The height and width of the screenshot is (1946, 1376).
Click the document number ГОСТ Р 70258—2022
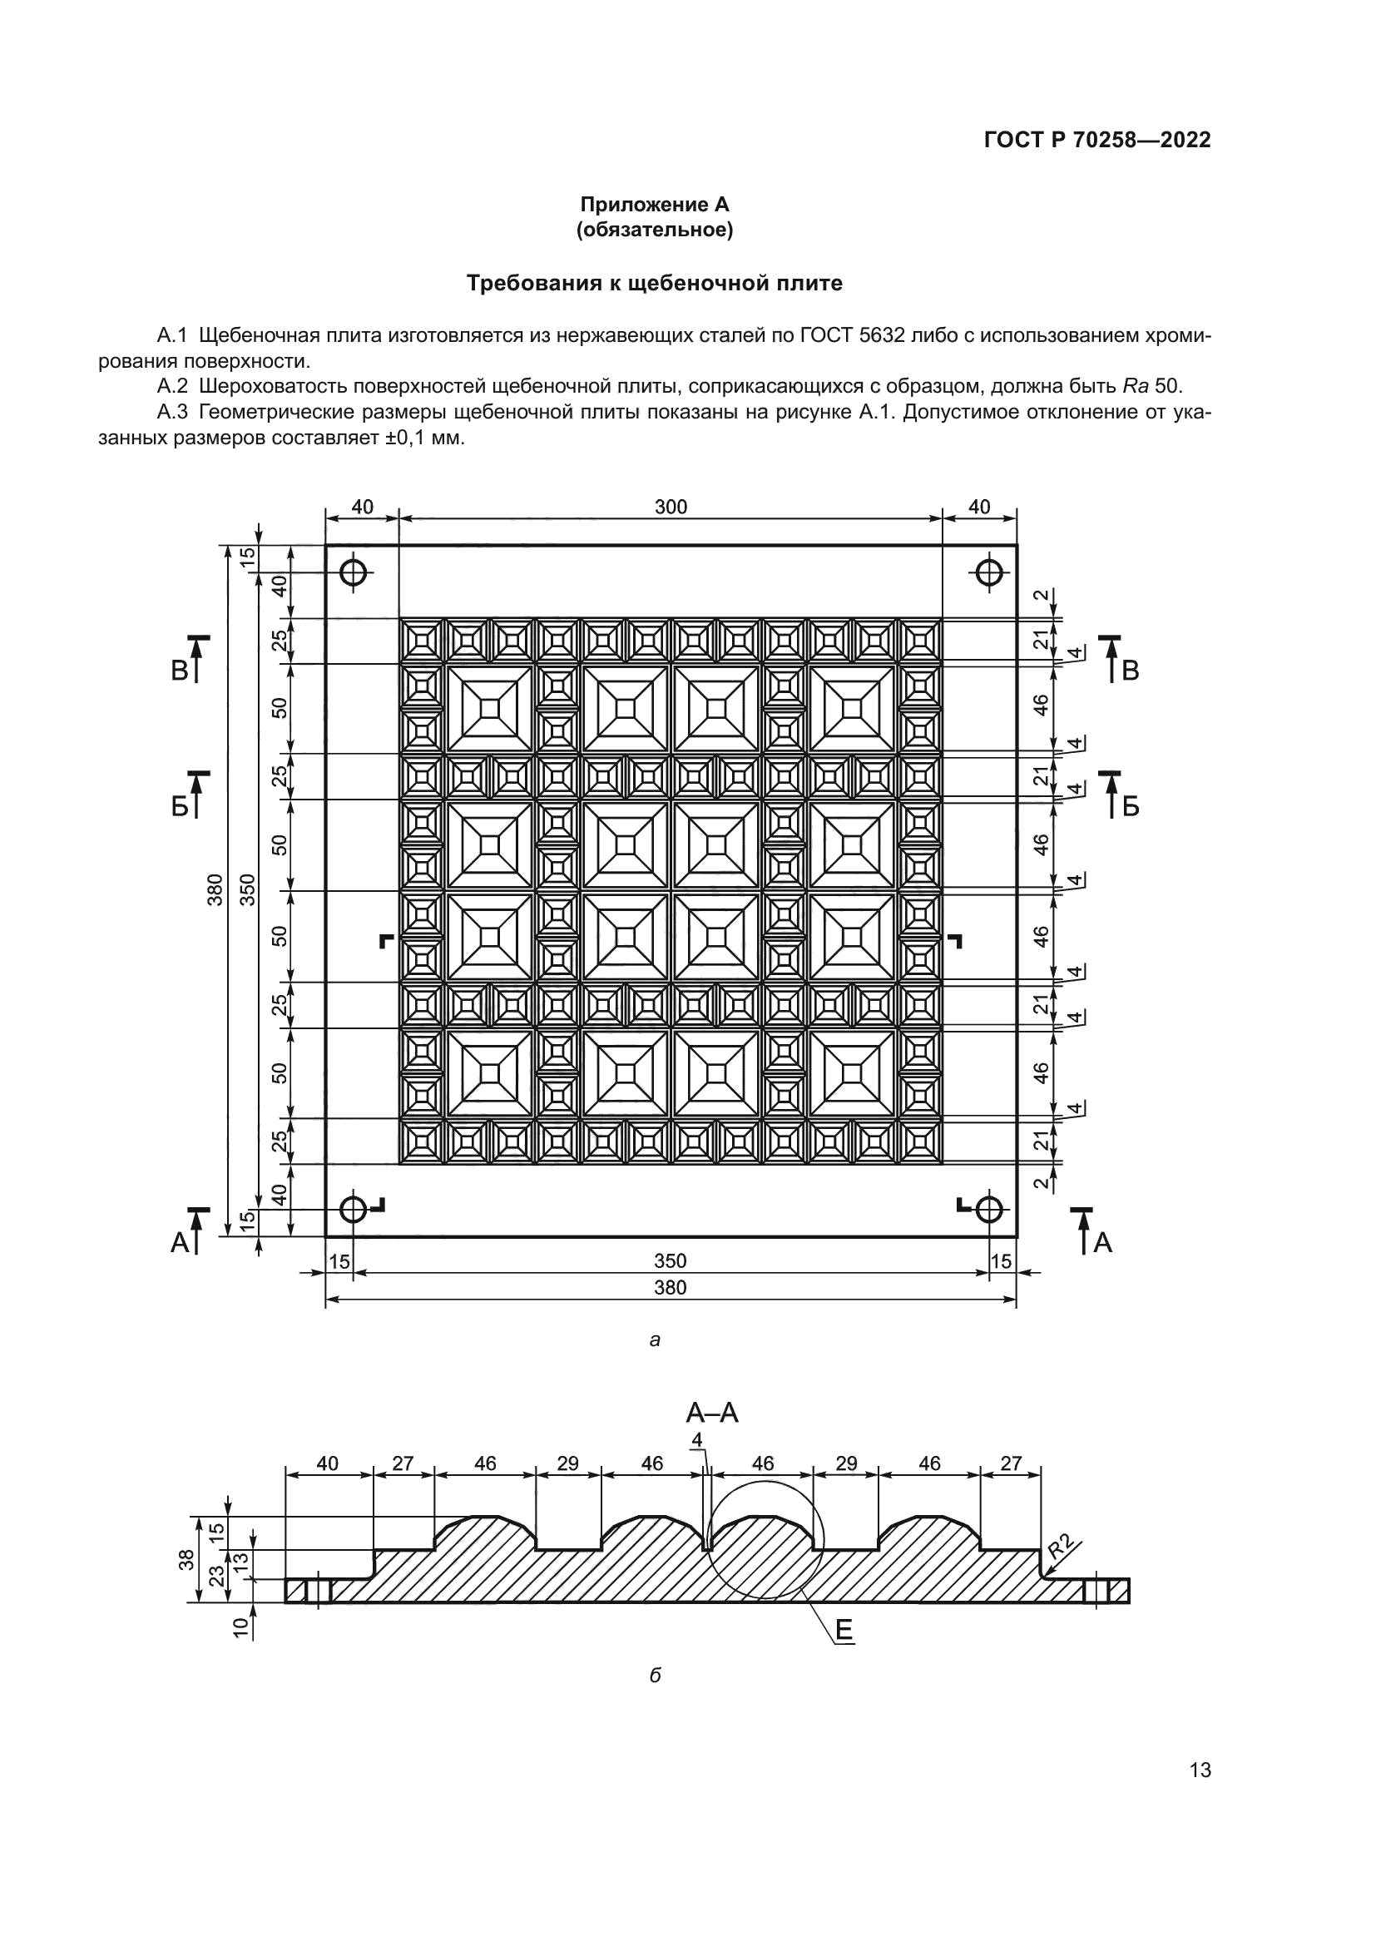(1097, 140)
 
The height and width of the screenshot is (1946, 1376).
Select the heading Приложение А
(654, 205)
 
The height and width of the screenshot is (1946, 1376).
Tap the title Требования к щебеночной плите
(654, 283)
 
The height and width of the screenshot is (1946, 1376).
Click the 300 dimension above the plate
(671, 507)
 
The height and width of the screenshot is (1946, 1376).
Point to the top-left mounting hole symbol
(354, 572)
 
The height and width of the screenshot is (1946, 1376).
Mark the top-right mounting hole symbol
(988, 572)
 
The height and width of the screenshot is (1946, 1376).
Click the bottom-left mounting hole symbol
(354, 1209)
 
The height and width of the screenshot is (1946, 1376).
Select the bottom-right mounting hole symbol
(988, 1209)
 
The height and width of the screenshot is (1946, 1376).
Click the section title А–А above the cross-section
(712, 1413)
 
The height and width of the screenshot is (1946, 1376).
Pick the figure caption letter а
(654, 1340)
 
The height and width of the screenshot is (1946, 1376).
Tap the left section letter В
(180, 671)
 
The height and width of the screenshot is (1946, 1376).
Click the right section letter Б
(1131, 807)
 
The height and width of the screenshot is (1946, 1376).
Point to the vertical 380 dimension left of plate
(215, 890)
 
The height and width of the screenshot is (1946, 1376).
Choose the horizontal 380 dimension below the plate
(671, 1288)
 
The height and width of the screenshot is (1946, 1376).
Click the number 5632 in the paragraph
(884, 335)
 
